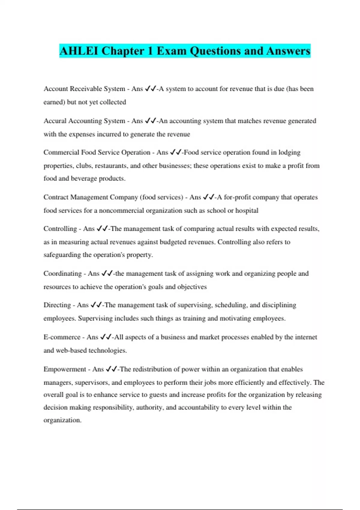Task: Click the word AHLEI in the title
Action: coord(79,51)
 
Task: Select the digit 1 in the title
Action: coord(150,51)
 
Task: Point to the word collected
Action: coord(113,102)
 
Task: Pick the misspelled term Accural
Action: coord(55,121)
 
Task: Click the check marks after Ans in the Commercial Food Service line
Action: coord(175,152)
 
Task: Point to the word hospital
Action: coord(247,210)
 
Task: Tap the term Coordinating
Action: coord(62,274)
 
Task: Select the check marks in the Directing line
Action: coord(96,305)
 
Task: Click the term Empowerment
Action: coord(64,369)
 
